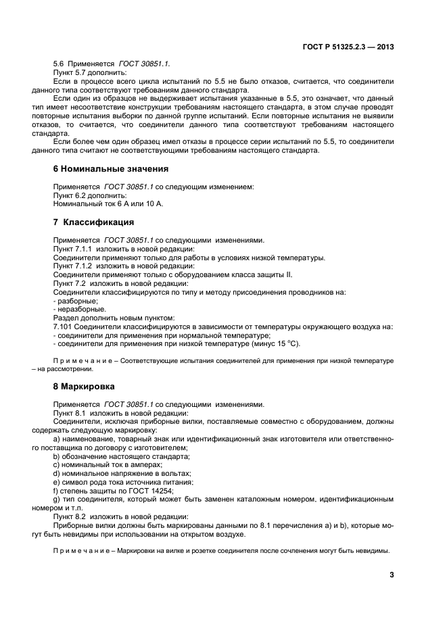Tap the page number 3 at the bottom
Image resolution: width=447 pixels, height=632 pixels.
tap(392, 575)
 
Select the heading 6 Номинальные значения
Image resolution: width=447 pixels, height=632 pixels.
tap(110, 168)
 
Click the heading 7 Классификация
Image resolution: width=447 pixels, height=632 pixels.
tap(93, 222)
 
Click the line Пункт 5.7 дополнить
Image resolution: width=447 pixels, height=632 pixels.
tap(90, 72)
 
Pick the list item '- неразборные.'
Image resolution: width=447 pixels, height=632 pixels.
tap(79, 309)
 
